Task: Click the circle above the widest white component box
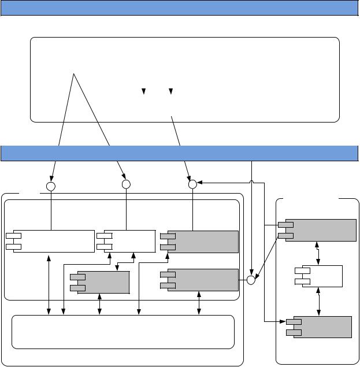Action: pyautogui.click(x=50, y=187)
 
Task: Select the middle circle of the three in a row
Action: pyautogui.click(x=127, y=184)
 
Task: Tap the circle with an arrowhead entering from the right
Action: pyautogui.click(x=193, y=184)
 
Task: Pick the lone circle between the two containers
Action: pyautogui.click(x=251, y=280)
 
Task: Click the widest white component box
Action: pyautogui.click(x=51, y=242)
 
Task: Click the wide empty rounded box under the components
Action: pyautogui.click(x=123, y=332)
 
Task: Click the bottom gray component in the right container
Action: pyautogui.click(x=318, y=327)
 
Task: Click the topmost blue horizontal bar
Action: pyautogui.click(x=180, y=8)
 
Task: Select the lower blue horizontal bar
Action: pyautogui.click(x=180, y=153)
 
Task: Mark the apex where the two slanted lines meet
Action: pyautogui.click(x=74, y=75)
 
